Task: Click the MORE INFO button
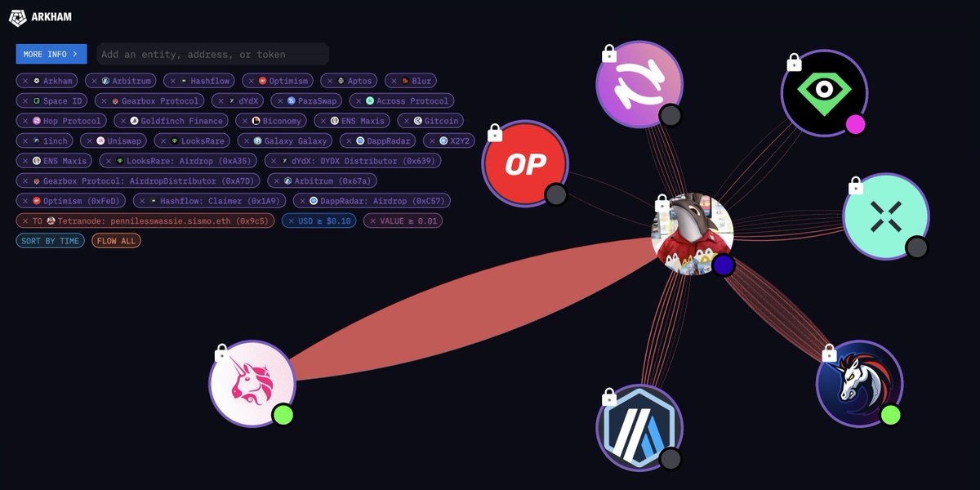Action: click(51, 54)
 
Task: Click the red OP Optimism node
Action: click(525, 164)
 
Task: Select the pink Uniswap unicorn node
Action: click(252, 383)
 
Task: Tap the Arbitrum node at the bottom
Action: click(639, 428)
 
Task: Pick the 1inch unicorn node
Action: click(859, 383)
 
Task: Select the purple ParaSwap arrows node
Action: click(639, 84)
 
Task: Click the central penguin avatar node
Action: click(692, 234)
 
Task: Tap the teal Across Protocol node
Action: click(885, 216)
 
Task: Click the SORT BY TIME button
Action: click(50, 241)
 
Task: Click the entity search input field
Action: click(212, 54)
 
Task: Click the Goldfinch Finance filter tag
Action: click(171, 121)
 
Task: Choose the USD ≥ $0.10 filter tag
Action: click(318, 220)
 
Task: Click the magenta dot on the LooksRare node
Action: click(855, 124)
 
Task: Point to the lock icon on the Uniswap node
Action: click(220, 354)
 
